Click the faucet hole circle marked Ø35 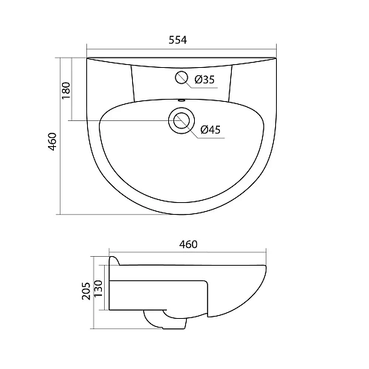(x=182, y=77)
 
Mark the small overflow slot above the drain (x=182, y=100)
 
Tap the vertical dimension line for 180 (x=72, y=89)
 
